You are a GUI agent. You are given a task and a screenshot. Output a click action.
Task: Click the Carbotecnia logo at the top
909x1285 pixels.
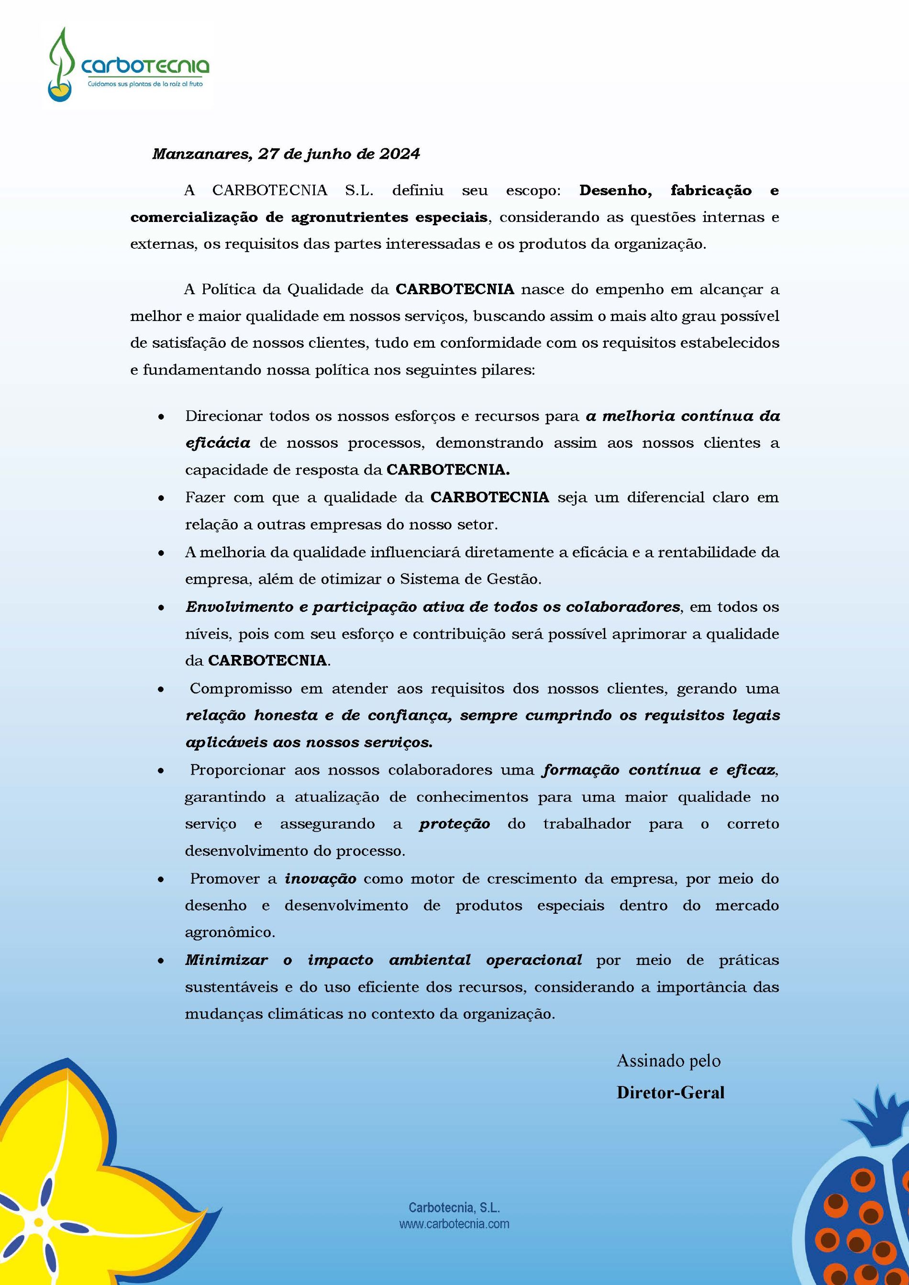tap(128, 66)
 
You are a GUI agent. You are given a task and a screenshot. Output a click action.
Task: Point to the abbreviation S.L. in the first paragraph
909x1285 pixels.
tap(359, 190)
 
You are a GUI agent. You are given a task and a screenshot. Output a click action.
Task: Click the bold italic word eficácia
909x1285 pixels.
tap(218, 443)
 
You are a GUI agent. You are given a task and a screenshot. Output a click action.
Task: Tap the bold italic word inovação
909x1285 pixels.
tap(321, 878)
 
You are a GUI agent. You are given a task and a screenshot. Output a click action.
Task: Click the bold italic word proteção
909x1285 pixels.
tap(454, 824)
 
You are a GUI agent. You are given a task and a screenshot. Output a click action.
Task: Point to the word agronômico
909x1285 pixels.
tap(230, 932)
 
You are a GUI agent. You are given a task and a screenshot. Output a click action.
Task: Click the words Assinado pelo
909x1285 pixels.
tap(668, 1061)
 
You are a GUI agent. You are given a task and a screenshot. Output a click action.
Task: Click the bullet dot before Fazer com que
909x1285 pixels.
tap(161, 498)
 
